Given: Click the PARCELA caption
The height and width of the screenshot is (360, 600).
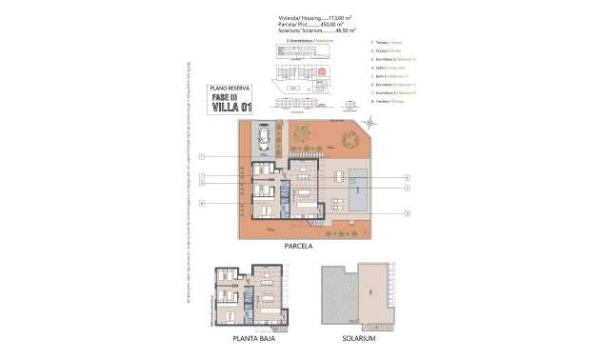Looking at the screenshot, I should (298, 245).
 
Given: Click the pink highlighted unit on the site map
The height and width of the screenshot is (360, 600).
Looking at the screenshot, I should (321, 71).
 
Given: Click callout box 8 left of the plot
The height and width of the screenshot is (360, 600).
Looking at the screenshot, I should (203, 204).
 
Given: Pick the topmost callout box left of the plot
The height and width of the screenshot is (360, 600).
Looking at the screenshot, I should (203, 156).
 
